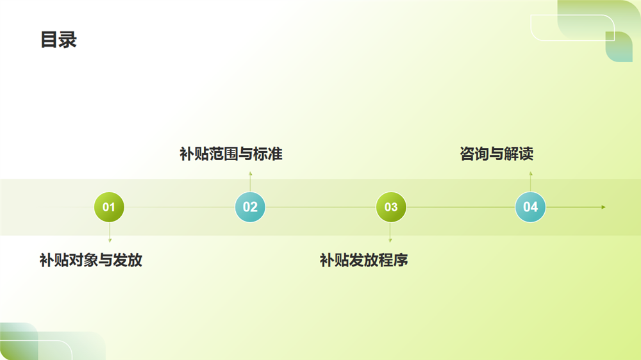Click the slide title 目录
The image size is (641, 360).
(x=58, y=40)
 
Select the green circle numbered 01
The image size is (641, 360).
(x=109, y=207)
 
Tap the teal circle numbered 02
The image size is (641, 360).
(x=250, y=207)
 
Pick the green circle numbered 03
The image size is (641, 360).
(x=391, y=207)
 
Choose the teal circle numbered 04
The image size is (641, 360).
(x=530, y=207)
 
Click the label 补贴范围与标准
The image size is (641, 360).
(x=231, y=154)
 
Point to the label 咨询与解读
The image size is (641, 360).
(x=497, y=154)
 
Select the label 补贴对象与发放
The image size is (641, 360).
(x=91, y=260)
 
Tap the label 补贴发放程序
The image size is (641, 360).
(x=364, y=260)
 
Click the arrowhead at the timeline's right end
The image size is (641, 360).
(x=603, y=207)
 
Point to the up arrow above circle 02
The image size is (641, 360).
(x=250, y=182)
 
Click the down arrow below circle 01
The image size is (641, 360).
(x=110, y=233)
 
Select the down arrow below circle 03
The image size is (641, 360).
(x=390, y=233)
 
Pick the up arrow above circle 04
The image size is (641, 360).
(x=531, y=182)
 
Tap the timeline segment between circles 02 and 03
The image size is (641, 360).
(x=320, y=207)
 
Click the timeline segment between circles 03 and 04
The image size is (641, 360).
(x=461, y=207)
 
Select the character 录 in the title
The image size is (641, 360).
(x=68, y=40)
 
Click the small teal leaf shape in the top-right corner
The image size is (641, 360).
(x=619, y=47)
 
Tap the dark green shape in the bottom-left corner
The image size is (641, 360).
(x=19, y=341)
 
